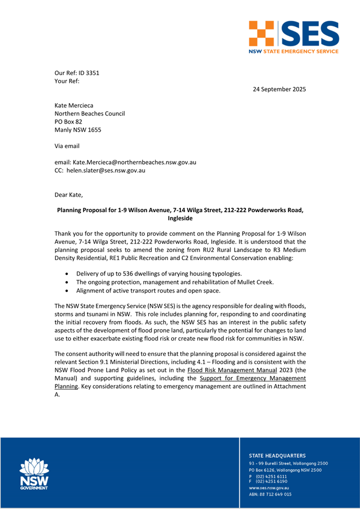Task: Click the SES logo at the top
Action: (x=293, y=37)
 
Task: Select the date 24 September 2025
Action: (x=279, y=90)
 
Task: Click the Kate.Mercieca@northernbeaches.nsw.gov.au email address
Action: (x=136, y=162)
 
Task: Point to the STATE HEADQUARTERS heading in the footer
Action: (x=277, y=456)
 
